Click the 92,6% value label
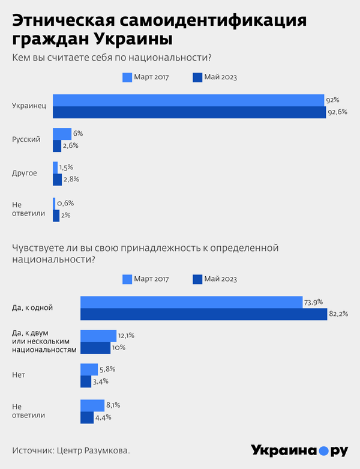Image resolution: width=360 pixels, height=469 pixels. (x=337, y=112)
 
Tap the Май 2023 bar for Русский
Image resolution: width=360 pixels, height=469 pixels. (x=57, y=145)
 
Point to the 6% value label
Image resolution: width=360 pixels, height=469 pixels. (x=78, y=133)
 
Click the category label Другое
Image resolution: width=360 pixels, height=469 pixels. (x=25, y=173)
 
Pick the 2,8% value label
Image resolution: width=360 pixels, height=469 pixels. (x=71, y=179)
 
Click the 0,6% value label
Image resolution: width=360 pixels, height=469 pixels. (x=65, y=203)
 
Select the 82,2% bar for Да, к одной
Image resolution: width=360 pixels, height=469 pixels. (x=203, y=313)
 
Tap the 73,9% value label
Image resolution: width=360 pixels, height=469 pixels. (x=313, y=301)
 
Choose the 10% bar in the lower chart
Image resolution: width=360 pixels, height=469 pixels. (x=95, y=348)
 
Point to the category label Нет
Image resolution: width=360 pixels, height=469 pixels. (x=19, y=375)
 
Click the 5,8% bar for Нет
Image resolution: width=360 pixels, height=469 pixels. (x=89, y=369)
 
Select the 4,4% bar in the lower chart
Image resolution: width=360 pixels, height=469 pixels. (x=87, y=417)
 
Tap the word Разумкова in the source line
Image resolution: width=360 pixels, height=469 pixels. (x=106, y=450)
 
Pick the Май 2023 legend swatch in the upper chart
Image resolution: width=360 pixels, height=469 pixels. (x=197, y=77)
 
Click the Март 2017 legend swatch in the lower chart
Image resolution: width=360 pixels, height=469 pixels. (x=127, y=279)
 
